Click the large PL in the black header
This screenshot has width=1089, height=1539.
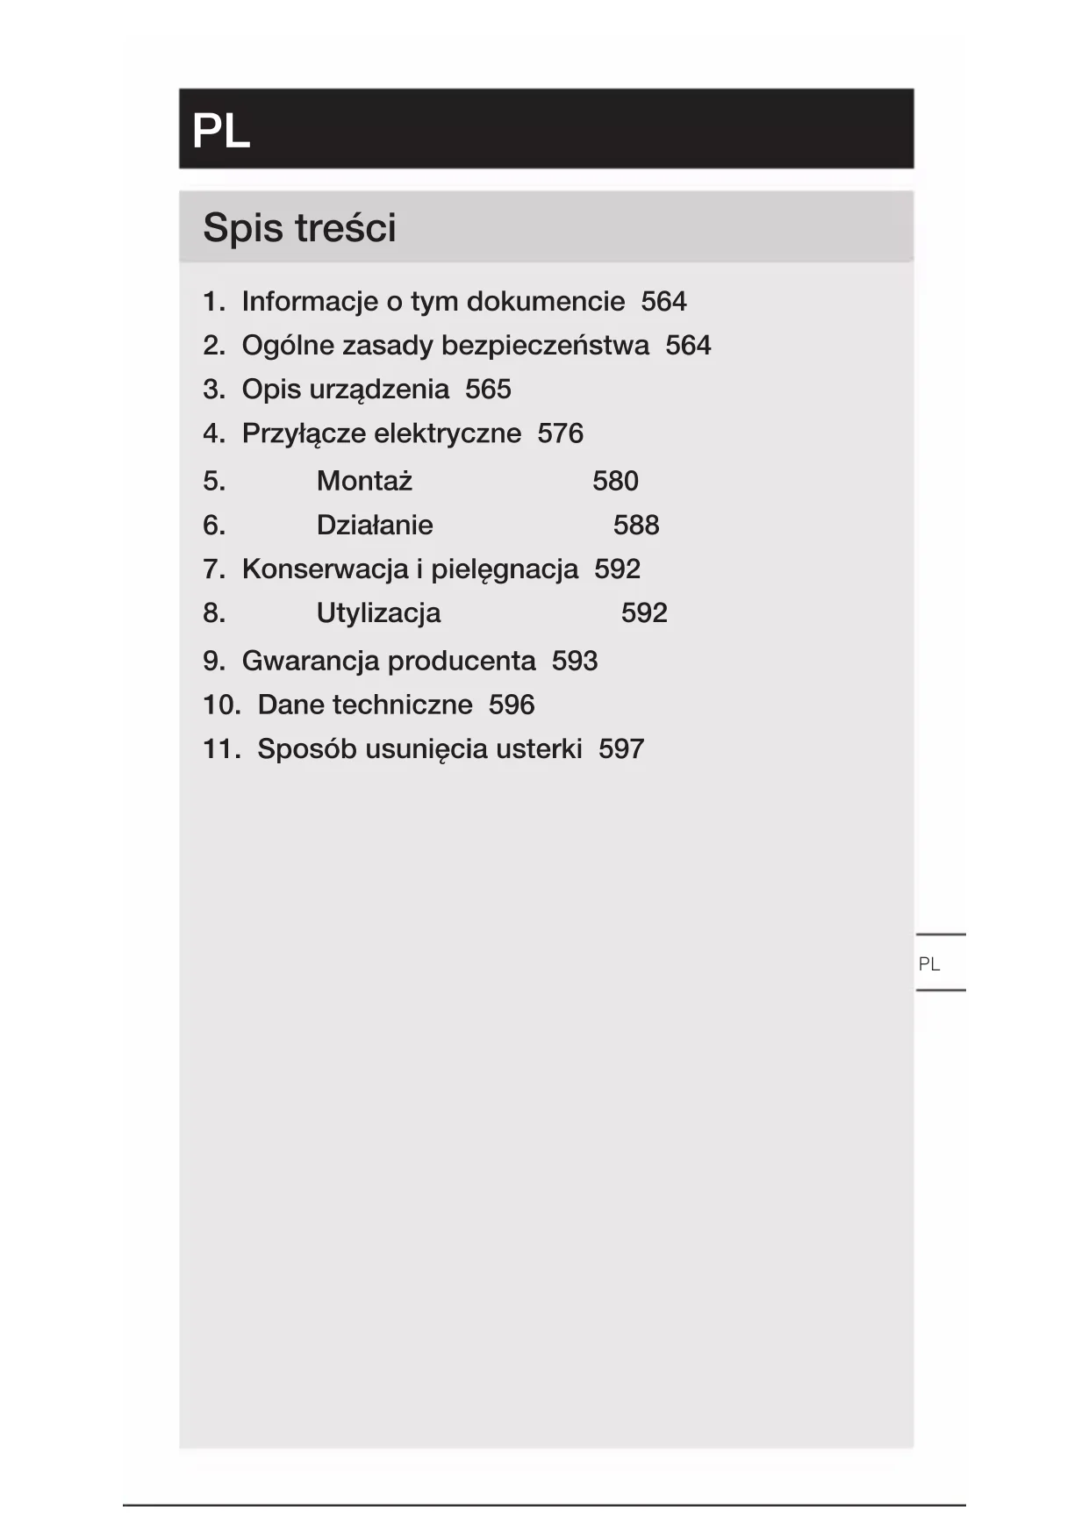pyautogui.click(x=221, y=132)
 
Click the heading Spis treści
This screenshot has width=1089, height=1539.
pyautogui.click(x=299, y=228)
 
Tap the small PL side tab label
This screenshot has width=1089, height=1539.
pyautogui.click(x=928, y=964)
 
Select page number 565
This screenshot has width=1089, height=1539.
pyautogui.click(x=488, y=390)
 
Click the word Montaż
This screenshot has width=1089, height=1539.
pyautogui.click(x=364, y=481)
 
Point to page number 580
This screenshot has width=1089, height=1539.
pyautogui.click(x=615, y=481)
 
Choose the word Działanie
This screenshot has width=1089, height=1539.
pyautogui.click(x=375, y=525)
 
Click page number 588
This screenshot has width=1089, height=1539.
pyautogui.click(x=636, y=525)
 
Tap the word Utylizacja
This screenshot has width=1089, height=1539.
pyautogui.click(x=378, y=612)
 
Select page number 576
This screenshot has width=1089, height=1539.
pyautogui.click(x=560, y=433)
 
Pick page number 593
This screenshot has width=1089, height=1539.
pyautogui.click(x=575, y=661)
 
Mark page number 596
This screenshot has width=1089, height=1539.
pyautogui.click(x=512, y=705)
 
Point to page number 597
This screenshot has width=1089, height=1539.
pyautogui.click(x=621, y=749)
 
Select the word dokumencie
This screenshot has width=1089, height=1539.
pyautogui.click(x=546, y=302)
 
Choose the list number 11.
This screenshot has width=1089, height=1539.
pyautogui.click(x=221, y=749)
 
